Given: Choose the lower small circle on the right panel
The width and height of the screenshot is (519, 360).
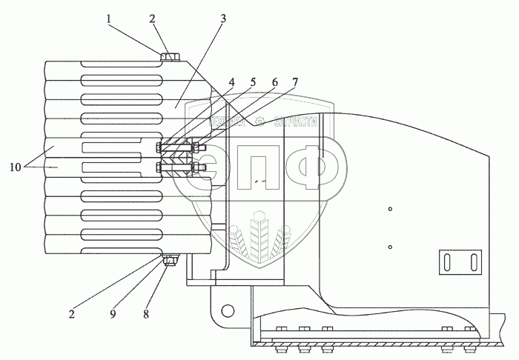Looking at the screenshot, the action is click(x=390, y=246).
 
